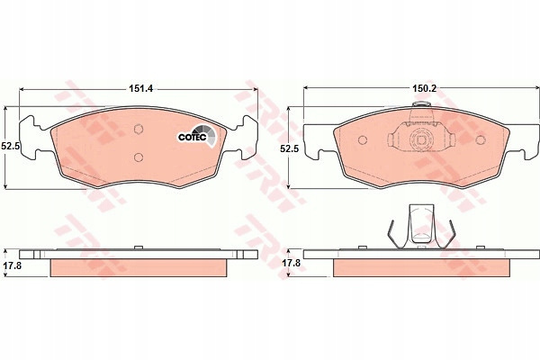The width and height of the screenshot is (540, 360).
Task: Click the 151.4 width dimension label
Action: tap(140, 88)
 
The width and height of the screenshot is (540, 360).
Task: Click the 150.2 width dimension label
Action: tap(424, 88)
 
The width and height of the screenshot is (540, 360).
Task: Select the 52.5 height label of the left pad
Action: tap(10, 146)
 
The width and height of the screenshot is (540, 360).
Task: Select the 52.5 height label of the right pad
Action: tap(289, 148)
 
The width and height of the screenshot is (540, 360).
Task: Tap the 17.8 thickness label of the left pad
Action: tap(12, 265)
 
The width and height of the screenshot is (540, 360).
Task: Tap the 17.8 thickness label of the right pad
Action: tap(292, 263)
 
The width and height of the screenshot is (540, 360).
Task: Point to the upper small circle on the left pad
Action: tap(139, 129)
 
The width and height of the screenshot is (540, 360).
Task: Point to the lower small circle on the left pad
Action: tap(139, 157)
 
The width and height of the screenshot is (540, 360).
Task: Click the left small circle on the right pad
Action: tap(363, 139)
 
